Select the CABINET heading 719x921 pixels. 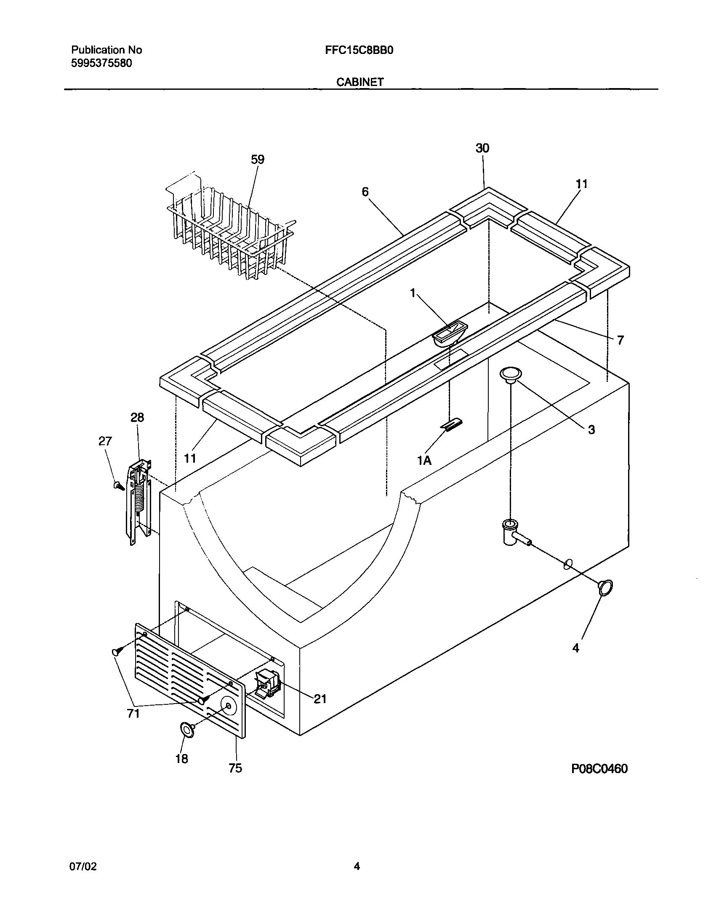(360, 82)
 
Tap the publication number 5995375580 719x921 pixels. (101, 63)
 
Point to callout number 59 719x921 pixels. (257, 160)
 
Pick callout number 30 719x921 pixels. (482, 148)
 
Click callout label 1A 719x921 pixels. (424, 461)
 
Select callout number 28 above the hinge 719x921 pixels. (137, 417)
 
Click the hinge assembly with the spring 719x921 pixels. (139, 502)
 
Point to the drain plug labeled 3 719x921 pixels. (510, 374)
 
